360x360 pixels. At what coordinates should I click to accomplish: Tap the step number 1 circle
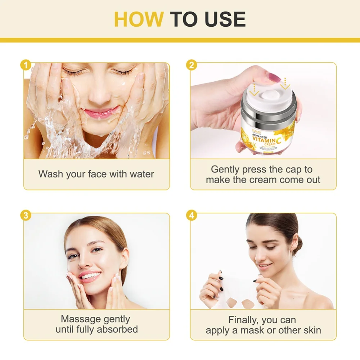[x=25, y=65]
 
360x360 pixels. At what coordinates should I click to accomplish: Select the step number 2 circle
[x=191, y=65]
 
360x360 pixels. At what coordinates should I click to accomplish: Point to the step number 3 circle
[x=25, y=216]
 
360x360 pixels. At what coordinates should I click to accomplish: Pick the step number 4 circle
[x=191, y=216]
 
